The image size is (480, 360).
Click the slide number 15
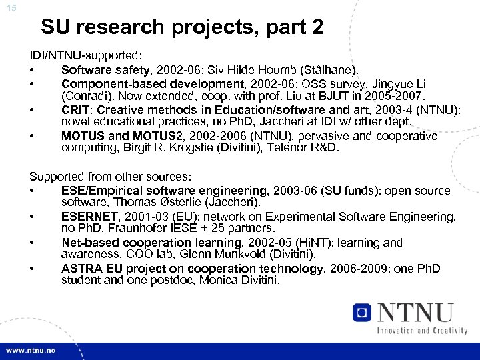(x=11, y=7)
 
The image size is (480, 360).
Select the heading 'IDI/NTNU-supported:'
(x=87, y=55)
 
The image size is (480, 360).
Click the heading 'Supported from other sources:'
(x=110, y=177)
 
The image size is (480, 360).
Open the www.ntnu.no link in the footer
(x=31, y=351)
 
